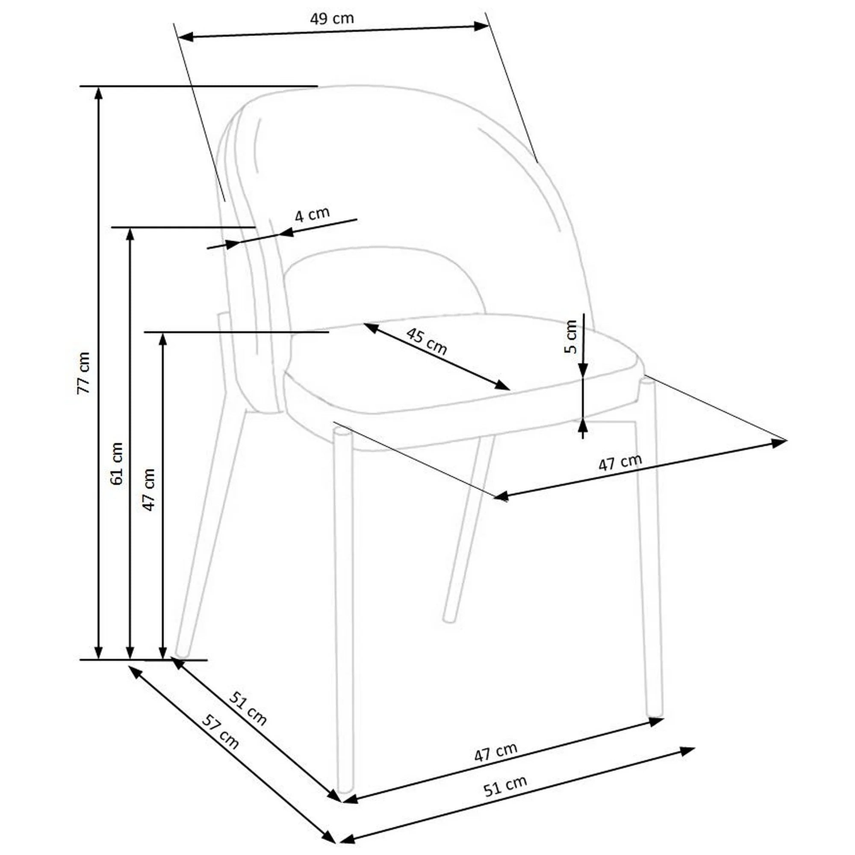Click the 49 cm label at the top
point(332,18)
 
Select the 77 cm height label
point(84,373)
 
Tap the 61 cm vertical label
point(117,463)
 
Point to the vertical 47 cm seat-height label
point(149,489)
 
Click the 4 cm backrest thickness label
point(313,215)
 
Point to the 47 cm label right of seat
point(619,463)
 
